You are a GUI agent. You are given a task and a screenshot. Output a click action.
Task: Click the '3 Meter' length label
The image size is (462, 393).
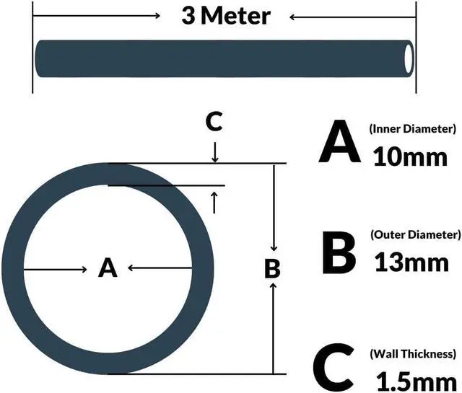click(x=226, y=16)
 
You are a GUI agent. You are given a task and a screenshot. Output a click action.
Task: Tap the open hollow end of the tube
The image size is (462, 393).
click(x=409, y=56)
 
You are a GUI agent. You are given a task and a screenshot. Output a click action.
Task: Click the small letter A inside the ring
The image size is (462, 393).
click(x=108, y=268)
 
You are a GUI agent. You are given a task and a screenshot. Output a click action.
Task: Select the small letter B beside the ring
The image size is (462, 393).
click(x=272, y=268)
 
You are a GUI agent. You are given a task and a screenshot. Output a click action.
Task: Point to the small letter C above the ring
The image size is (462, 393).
click(x=214, y=123)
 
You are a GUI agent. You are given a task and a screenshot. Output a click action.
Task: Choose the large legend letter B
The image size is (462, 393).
click(x=338, y=252)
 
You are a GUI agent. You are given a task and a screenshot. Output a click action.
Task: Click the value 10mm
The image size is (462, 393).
click(x=410, y=156)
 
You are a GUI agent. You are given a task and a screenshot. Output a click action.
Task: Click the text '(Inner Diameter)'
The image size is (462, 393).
click(x=412, y=129)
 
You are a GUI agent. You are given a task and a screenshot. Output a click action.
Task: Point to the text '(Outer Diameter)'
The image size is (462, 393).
click(x=414, y=234)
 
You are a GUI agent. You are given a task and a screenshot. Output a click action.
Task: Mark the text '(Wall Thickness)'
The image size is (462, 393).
click(x=412, y=353)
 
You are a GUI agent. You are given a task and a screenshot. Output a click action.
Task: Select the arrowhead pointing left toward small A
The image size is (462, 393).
click(x=132, y=269)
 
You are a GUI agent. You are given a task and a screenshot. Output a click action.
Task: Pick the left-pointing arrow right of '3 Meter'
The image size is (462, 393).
click(x=296, y=16)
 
